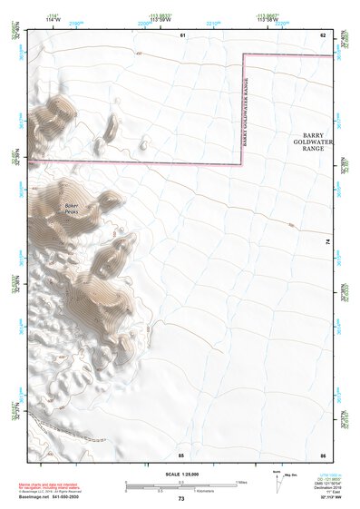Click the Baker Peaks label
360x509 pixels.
click(x=72, y=208)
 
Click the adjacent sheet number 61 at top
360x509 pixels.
click(x=181, y=34)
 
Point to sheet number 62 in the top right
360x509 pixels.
click(x=322, y=34)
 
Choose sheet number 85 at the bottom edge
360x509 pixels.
click(x=181, y=455)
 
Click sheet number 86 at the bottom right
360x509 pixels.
click(x=322, y=455)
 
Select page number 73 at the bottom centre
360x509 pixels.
click(x=181, y=499)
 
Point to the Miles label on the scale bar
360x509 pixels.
click(x=243, y=481)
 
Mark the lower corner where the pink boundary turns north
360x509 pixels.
click(x=241, y=165)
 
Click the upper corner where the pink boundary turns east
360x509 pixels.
click(x=241, y=55)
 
